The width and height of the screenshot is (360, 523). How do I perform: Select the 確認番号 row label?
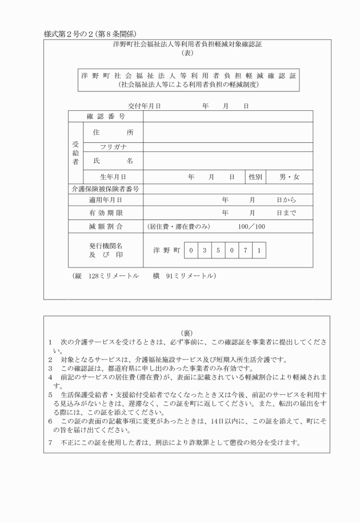106,117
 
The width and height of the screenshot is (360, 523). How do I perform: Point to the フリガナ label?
113,147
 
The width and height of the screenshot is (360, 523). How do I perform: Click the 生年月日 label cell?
113,177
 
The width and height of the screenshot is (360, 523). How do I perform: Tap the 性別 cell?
255,177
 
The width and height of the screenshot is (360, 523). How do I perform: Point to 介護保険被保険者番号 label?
105,189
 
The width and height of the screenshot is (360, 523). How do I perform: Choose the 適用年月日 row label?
106,200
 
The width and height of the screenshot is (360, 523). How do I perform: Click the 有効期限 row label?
106,213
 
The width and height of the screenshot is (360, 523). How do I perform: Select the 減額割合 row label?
106,227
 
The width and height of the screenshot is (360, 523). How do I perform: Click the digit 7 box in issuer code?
246,250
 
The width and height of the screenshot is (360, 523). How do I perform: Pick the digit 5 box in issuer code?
219,250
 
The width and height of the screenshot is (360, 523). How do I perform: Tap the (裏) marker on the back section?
186,333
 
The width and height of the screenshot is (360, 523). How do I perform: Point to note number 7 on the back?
51,443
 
